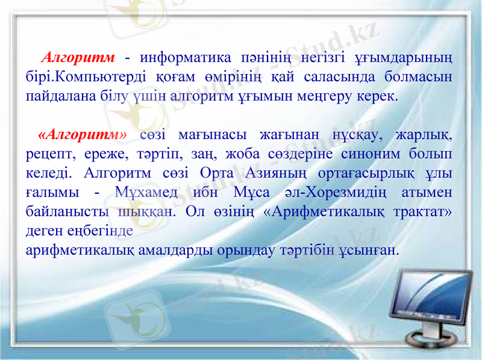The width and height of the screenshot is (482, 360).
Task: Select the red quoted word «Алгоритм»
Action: pos(82,133)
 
